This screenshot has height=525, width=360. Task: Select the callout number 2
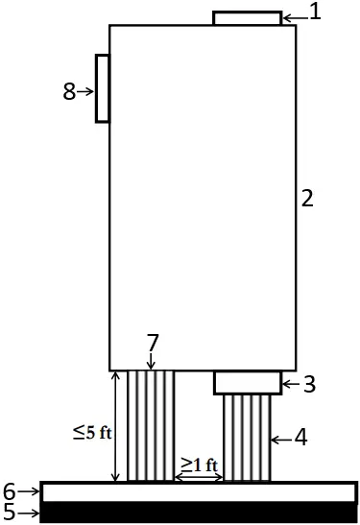pos(307,199)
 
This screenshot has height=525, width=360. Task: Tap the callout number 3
pos(309,385)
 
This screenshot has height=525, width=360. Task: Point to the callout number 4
pos(300,440)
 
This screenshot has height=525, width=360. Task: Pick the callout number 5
pos(10,513)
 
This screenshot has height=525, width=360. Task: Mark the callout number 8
pos(68,92)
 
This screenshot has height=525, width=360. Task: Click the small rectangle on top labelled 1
pos(247,18)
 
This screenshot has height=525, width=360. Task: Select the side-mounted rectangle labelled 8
pos(102,88)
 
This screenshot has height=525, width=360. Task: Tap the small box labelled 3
pos(248,383)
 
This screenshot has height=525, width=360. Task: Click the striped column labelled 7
pos(152,427)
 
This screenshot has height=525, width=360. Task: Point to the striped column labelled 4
pos(248,439)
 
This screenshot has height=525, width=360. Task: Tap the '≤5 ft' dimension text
pos(93,432)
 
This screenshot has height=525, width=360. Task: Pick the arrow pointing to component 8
pos(86,92)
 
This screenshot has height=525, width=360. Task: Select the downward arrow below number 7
pos(152,361)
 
